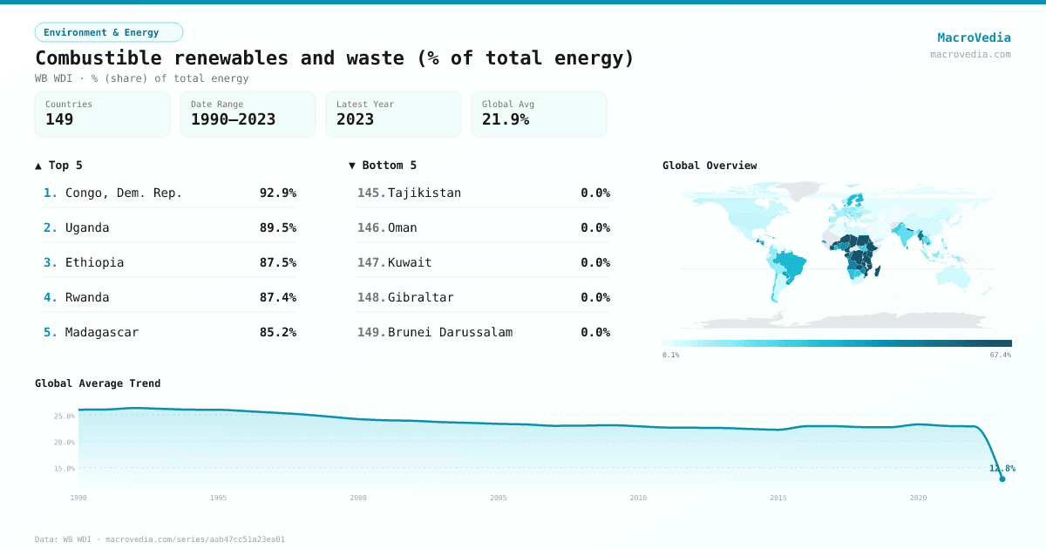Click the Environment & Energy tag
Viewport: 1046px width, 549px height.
[x=108, y=32]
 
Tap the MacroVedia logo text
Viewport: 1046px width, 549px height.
[x=974, y=37]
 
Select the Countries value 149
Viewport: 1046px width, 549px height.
[x=59, y=119]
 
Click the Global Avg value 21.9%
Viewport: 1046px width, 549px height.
[x=505, y=119]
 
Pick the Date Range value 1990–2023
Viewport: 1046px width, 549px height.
[x=233, y=119]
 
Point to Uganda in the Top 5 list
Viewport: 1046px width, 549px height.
[x=87, y=227]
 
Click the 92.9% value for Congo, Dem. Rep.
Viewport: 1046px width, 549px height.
[x=277, y=193]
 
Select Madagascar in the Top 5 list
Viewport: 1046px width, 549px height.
[x=101, y=332]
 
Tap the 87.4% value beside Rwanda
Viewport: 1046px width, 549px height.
[x=277, y=297]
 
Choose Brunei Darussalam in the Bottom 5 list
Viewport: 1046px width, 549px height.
[x=450, y=332]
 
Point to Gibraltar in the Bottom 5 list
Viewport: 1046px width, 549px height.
[x=420, y=297]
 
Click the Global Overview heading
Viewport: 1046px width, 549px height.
[x=710, y=166]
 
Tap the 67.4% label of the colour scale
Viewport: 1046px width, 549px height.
[x=1000, y=355]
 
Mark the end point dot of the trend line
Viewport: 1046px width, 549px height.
[x=1002, y=478]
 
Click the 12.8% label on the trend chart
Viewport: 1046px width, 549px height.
[x=1002, y=468]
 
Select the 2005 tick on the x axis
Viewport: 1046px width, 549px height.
[x=499, y=498]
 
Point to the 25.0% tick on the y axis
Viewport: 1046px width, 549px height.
[x=65, y=416]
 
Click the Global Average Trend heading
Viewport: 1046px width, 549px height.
[x=98, y=383]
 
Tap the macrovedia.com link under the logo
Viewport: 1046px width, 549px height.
[x=970, y=54]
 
